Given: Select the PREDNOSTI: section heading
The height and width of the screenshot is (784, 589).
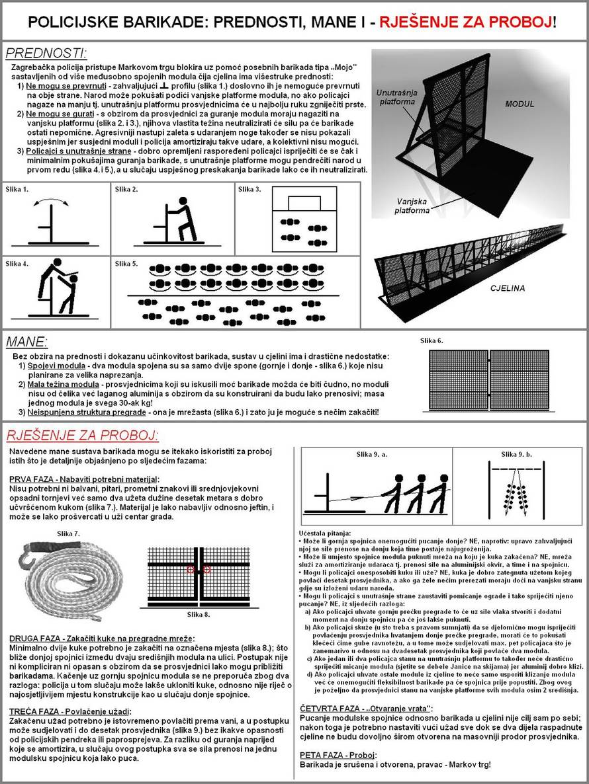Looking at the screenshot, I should (x=46, y=53).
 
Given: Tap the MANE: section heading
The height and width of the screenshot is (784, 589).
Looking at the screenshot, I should (x=26, y=342).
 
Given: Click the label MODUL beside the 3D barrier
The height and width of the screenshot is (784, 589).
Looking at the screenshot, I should (x=519, y=104).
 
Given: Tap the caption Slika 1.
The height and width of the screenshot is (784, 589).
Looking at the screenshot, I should (x=18, y=190).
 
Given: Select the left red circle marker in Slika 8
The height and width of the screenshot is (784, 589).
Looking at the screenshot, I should (x=190, y=569).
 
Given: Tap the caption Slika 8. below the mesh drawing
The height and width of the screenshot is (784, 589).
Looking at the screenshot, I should (x=199, y=614).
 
